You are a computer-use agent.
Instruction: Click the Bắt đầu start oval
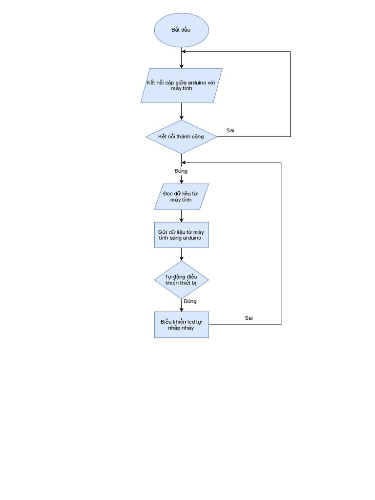click(182, 30)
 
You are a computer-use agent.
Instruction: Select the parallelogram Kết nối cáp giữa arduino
click(182, 85)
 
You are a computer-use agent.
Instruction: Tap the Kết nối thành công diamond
click(181, 137)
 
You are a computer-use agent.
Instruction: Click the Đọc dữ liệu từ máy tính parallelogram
click(182, 197)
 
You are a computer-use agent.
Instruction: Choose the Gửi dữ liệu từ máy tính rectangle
click(182, 235)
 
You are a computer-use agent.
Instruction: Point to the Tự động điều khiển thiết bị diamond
click(182, 280)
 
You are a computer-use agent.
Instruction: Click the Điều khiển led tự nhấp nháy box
click(182, 325)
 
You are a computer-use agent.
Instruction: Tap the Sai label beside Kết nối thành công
click(230, 130)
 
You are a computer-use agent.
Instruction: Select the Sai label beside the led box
click(249, 318)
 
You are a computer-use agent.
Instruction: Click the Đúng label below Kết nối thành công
click(181, 171)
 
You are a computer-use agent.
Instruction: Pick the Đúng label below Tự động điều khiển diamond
click(190, 301)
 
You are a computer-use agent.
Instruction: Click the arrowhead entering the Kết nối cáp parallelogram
click(182, 66)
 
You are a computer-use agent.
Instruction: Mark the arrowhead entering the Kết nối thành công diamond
click(182, 117)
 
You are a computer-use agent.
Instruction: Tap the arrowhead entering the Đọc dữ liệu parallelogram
click(182, 181)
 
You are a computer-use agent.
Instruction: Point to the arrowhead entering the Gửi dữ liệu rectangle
click(182, 220)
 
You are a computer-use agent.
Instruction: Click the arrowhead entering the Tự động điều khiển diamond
click(182, 258)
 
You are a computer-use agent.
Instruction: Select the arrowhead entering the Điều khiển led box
click(182, 309)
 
